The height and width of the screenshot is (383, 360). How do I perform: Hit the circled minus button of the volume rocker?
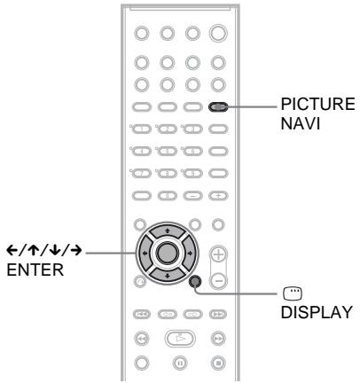click(218, 257)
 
